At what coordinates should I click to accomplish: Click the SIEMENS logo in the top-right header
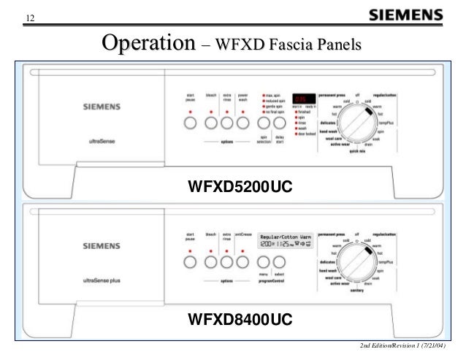click(406, 15)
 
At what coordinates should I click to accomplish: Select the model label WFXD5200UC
click(240, 188)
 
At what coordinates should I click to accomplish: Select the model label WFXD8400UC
click(240, 319)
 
